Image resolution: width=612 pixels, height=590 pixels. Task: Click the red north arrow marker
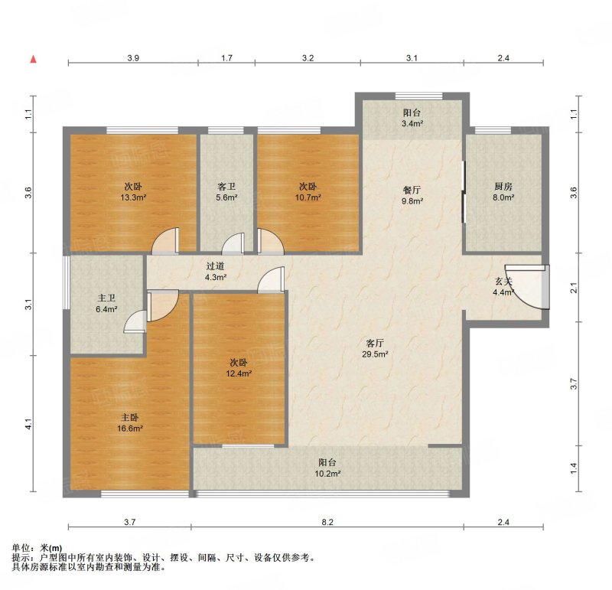click(x=34, y=60)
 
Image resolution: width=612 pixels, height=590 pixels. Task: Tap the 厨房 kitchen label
click(x=503, y=187)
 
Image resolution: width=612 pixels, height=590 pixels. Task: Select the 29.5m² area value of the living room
click(x=375, y=354)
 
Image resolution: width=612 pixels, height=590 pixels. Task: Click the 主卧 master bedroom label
click(x=129, y=417)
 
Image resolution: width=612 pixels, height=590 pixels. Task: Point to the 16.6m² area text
click(x=130, y=429)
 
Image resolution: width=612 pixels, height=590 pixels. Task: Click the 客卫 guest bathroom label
click(x=226, y=187)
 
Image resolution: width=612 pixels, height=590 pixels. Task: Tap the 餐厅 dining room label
click(x=412, y=190)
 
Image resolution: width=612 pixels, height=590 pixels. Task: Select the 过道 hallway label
click(x=215, y=266)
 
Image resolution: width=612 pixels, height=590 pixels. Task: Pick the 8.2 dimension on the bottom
click(x=327, y=522)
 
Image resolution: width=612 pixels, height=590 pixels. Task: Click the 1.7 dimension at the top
click(x=226, y=58)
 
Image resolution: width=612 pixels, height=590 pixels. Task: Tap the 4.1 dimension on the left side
click(x=28, y=424)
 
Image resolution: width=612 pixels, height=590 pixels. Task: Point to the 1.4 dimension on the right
click(x=573, y=468)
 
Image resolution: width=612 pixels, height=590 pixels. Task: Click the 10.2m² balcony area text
click(x=328, y=474)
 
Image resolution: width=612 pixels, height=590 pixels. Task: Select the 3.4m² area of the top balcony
click(x=412, y=124)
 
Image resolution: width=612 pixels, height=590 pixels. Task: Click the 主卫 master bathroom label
click(x=106, y=298)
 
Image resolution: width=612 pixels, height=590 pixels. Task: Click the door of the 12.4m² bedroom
click(x=271, y=279)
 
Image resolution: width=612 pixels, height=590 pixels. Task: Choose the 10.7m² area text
click(x=308, y=197)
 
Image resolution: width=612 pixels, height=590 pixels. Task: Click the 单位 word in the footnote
click(x=21, y=549)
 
